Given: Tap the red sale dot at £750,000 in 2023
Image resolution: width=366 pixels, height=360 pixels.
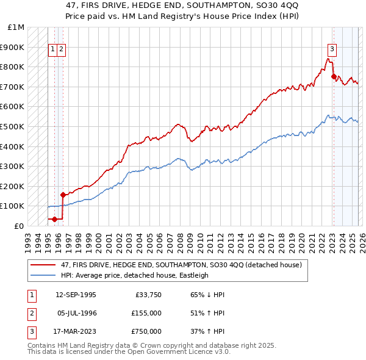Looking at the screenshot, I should (x=334, y=76).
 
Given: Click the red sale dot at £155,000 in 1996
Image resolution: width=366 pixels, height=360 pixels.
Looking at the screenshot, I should (x=63, y=195).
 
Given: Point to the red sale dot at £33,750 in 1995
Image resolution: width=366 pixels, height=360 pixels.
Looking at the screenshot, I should (x=54, y=219).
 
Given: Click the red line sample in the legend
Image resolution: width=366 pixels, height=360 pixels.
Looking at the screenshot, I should (x=43, y=265).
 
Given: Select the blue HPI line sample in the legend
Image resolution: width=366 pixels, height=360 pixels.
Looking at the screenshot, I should (x=43, y=275).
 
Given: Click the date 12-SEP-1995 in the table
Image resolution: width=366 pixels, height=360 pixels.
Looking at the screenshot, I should (x=76, y=295).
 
